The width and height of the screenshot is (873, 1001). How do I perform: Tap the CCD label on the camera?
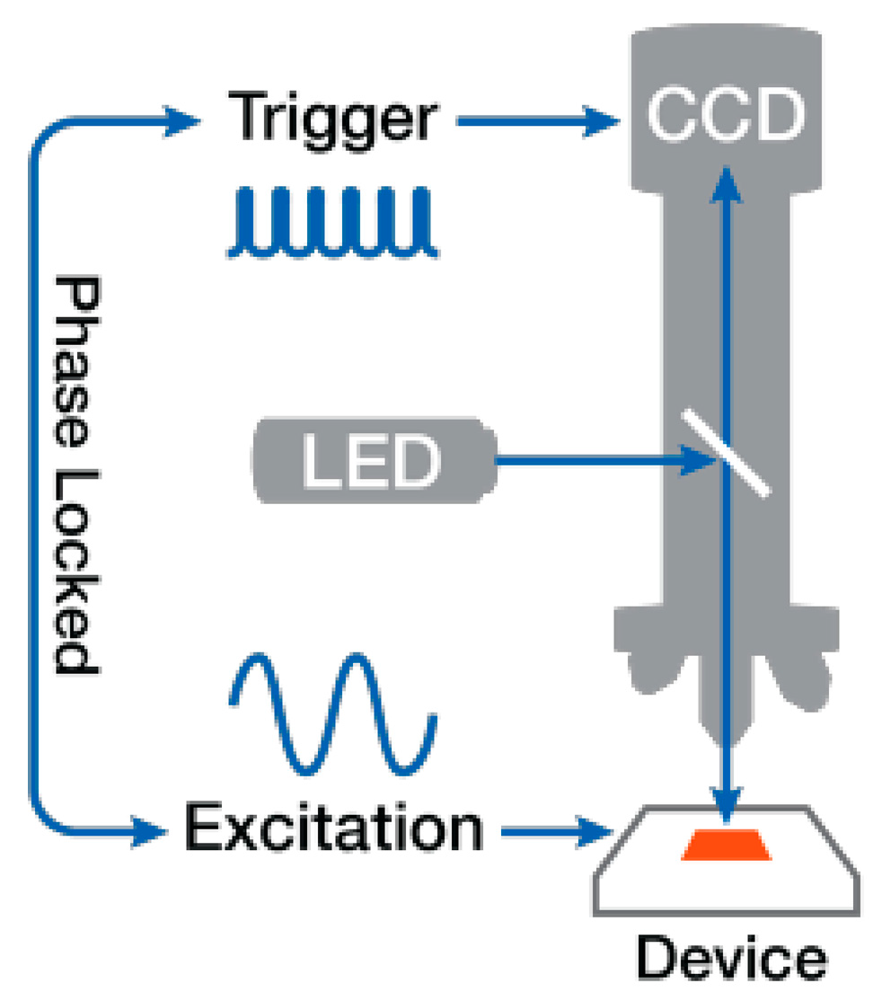[x=724, y=117]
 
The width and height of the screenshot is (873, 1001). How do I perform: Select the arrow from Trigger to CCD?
[x=539, y=119]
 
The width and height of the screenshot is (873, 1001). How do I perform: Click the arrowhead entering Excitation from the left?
[x=149, y=828]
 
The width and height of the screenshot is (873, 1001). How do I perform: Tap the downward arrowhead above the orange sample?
[x=727, y=796]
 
